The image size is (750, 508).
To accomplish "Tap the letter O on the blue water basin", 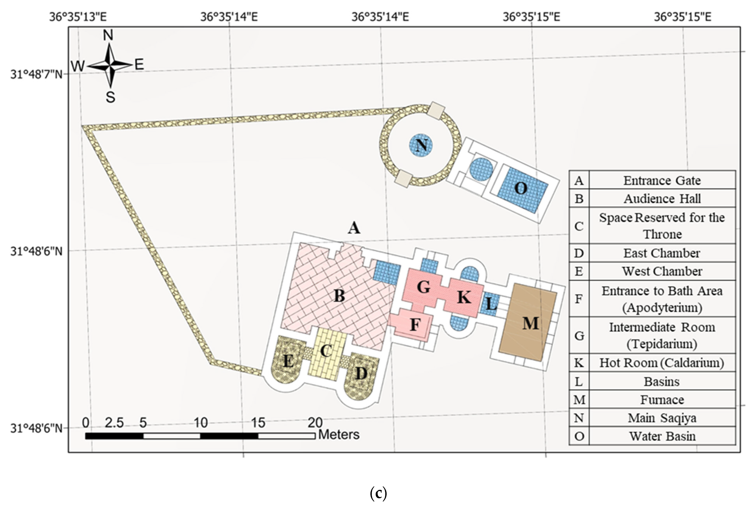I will click(x=521, y=188).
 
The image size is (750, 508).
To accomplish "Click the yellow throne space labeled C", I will click(x=326, y=351).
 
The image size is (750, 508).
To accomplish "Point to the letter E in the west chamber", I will click(x=288, y=361).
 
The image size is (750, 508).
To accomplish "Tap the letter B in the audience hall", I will click(x=339, y=295).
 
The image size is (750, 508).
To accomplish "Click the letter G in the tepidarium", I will click(x=423, y=287).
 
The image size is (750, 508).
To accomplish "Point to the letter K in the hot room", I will click(x=464, y=297).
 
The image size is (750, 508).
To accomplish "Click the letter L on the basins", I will click(x=491, y=304).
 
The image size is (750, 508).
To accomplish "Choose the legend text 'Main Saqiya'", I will click(x=662, y=418).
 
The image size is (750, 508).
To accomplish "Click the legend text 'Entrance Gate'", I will click(x=662, y=181).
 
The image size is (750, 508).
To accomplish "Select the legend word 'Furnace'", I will click(x=662, y=400).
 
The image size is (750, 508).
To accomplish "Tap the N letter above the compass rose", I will click(x=108, y=35).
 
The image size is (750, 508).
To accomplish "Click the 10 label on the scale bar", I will click(x=200, y=423).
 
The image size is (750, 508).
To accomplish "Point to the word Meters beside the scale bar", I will click(x=339, y=435).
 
